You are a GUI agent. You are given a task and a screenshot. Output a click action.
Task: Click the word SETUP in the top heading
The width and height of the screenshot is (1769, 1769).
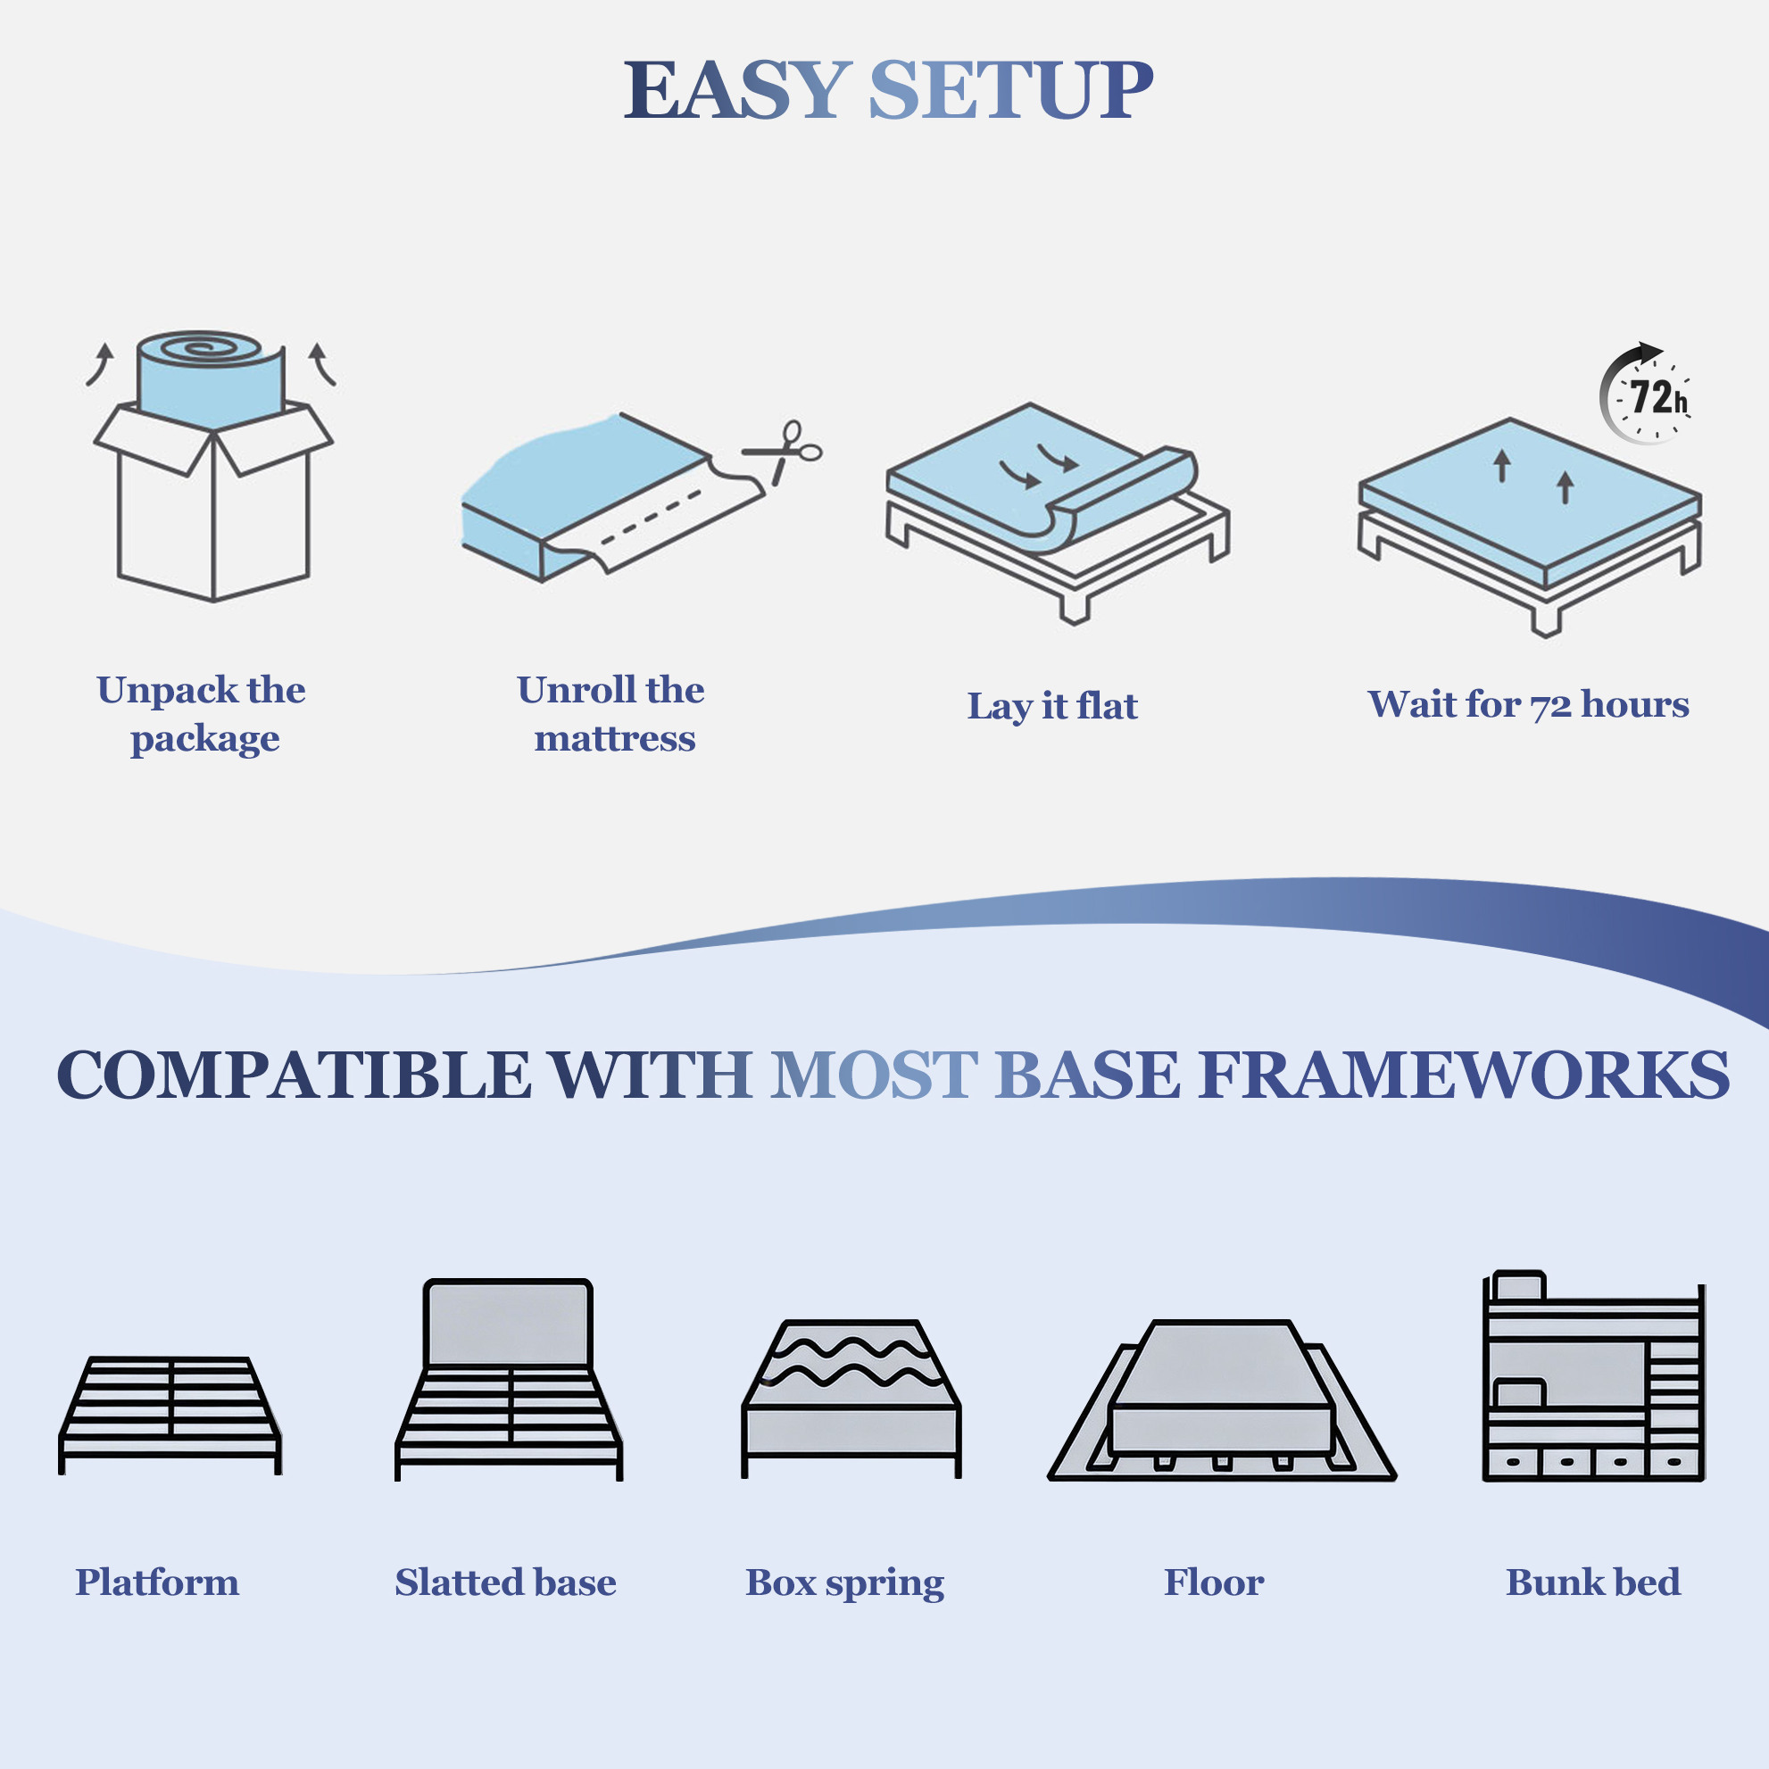pyautogui.click(x=1010, y=90)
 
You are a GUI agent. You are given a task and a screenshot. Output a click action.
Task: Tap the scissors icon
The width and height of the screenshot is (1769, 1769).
pyautogui.click(x=784, y=453)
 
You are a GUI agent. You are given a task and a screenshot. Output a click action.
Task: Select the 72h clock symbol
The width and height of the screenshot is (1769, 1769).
pyautogui.click(x=1646, y=394)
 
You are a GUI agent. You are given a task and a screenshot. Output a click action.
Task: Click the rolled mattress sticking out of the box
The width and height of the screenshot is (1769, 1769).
pyautogui.click(x=211, y=378)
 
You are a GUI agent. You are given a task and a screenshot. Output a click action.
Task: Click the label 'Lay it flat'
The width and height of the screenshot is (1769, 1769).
pyautogui.click(x=1052, y=707)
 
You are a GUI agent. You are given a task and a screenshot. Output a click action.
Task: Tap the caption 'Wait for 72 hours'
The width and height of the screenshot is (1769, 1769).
pyautogui.click(x=1528, y=704)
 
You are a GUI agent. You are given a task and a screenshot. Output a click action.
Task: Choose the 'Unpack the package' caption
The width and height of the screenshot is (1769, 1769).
pyautogui.click(x=202, y=714)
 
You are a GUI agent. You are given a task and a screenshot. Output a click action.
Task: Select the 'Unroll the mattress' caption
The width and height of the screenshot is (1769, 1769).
pyautogui.click(x=611, y=714)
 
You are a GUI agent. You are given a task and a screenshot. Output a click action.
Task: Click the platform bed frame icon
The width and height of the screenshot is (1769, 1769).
pyautogui.click(x=170, y=1415)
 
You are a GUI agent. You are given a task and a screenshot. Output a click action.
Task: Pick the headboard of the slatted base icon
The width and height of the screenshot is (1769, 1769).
pyautogui.click(x=508, y=1324)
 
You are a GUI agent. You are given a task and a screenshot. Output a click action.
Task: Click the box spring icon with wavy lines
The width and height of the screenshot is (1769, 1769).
pyautogui.click(x=851, y=1399)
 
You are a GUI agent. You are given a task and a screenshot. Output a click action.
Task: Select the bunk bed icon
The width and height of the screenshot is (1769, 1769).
pyautogui.click(x=1594, y=1376)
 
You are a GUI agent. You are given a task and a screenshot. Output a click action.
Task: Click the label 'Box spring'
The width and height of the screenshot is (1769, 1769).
pyautogui.click(x=845, y=1583)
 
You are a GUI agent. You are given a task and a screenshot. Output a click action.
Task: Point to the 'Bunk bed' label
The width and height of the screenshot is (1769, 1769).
pyautogui.click(x=1593, y=1582)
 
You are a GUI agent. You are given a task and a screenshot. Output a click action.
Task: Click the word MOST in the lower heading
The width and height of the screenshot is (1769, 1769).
pyautogui.click(x=875, y=1074)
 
